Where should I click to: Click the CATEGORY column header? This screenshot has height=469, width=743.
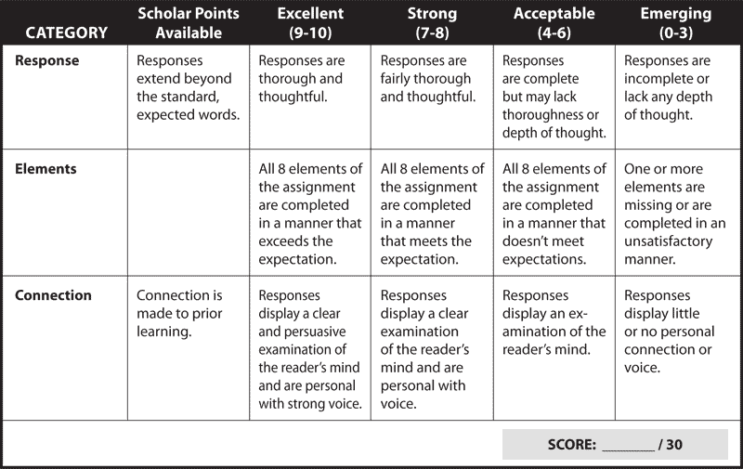click(x=66, y=33)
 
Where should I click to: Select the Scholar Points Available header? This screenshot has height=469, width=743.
click(x=189, y=22)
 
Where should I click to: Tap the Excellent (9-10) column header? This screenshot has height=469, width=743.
click(x=310, y=22)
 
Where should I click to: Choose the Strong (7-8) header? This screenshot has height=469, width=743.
click(x=432, y=22)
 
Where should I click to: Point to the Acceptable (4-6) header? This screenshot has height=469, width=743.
click(x=554, y=22)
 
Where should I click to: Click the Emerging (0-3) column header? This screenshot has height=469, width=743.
click(x=676, y=22)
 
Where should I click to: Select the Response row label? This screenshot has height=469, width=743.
click(x=47, y=60)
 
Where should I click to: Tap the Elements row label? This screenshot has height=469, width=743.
click(x=46, y=169)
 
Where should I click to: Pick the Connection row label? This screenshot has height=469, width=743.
click(x=53, y=295)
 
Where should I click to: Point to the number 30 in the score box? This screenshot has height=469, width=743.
click(x=674, y=444)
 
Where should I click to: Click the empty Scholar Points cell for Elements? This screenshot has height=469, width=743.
click(x=189, y=213)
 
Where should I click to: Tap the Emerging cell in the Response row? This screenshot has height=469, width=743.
click(x=678, y=98)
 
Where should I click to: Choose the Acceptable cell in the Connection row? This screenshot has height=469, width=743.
click(x=554, y=347)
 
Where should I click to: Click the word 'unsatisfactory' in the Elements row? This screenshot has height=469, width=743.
click(x=668, y=241)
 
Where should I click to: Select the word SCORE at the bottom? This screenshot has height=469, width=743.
click(x=572, y=444)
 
